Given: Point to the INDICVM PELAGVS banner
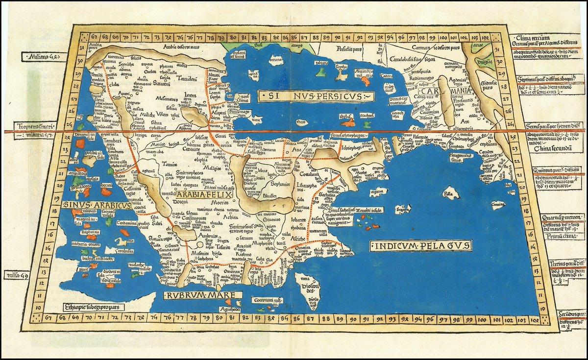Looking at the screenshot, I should pos(421,244).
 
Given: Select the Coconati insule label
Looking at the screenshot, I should pos(267,300).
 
